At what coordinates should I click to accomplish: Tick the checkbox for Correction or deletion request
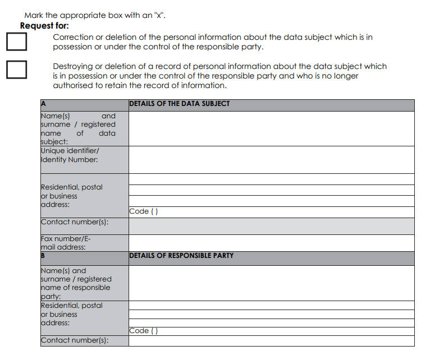(x=17, y=41)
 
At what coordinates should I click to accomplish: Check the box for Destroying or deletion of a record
(x=17, y=69)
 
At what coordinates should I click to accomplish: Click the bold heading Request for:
(x=44, y=26)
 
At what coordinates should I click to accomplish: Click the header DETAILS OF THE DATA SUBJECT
(x=179, y=104)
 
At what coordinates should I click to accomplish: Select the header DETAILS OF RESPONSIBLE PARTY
(x=181, y=256)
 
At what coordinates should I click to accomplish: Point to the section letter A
(x=43, y=104)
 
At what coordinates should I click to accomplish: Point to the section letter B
(x=43, y=256)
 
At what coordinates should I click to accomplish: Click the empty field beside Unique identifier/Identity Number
(x=271, y=160)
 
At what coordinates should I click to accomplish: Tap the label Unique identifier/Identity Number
(x=70, y=155)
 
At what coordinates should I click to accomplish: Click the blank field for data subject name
(x=271, y=128)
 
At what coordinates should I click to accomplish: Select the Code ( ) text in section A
(x=144, y=211)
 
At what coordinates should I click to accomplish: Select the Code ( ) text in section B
(x=144, y=331)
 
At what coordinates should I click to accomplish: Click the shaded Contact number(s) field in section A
(x=271, y=226)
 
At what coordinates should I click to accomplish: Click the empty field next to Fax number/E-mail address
(x=271, y=242)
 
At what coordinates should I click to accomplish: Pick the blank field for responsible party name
(x=271, y=283)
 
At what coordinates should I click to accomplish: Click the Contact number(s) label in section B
(x=74, y=340)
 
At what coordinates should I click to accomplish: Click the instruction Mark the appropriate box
(x=95, y=16)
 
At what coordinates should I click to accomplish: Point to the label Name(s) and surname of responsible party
(x=76, y=283)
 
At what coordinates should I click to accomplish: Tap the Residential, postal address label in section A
(x=71, y=196)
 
